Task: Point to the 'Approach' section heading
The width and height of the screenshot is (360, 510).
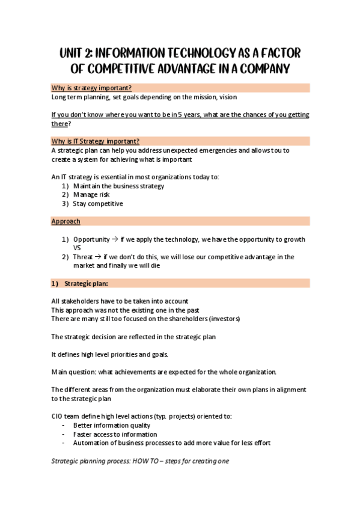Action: [66, 221]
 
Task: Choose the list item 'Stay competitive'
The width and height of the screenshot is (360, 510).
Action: [98, 204]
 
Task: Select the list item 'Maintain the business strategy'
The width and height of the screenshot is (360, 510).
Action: [118, 186]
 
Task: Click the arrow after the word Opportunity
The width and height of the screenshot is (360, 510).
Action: [115, 239]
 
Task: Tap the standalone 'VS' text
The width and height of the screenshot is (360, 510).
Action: [77, 248]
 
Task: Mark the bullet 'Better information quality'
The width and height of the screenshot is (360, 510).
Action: [111, 425]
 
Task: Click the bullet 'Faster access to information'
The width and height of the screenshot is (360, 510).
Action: [115, 434]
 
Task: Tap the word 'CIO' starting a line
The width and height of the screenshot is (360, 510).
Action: [58, 416]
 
